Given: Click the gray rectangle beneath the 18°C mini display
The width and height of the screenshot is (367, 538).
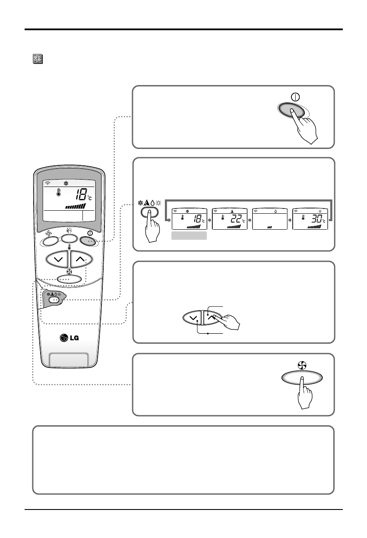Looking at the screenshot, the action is [x=189, y=236].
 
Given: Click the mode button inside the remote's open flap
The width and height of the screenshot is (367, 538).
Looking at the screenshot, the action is [x=54, y=300].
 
